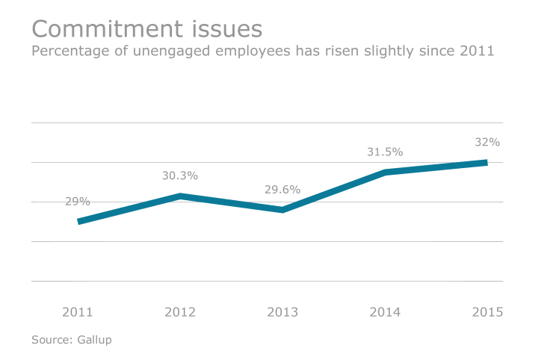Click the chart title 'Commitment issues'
point(146,29)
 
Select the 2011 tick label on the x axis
point(78,312)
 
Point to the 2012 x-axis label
point(180,312)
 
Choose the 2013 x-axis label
point(282,312)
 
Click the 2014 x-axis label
point(385,312)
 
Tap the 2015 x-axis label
point(487,312)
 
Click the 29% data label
point(78,201)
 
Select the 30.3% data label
point(180,176)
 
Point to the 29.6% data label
point(282,190)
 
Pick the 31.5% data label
point(385,152)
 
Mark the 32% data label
point(487,142)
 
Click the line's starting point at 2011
point(79,221)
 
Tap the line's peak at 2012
point(180,196)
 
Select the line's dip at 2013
point(282,210)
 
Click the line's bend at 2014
point(385,173)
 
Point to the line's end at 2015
point(486,162)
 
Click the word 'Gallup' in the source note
point(94,340)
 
